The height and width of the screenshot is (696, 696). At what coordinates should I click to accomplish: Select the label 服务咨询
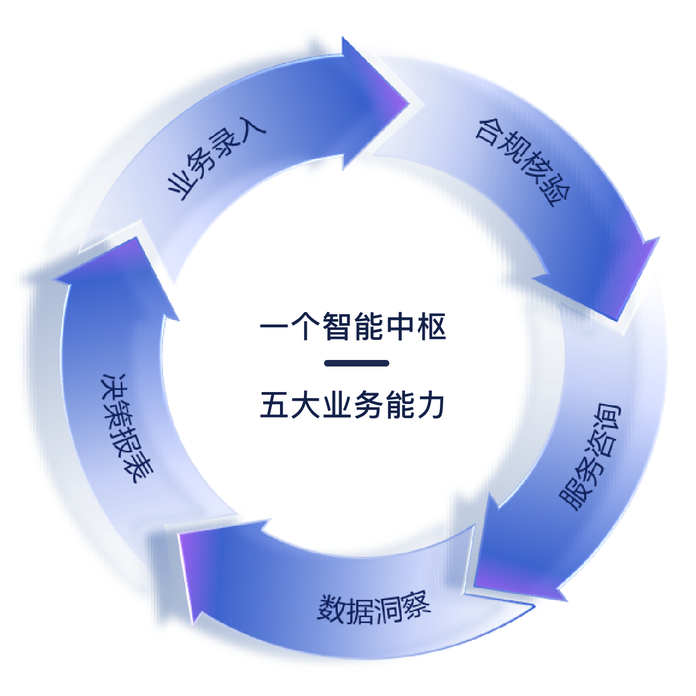tap(590, 457)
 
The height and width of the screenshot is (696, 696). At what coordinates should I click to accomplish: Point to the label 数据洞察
tap(374, 608)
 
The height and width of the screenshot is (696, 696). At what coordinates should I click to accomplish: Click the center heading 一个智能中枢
tap(353, 327)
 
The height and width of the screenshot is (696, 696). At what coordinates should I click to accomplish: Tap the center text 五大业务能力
tap(353, 405)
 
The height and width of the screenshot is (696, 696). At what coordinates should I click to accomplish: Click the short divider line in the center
tap(357, 363)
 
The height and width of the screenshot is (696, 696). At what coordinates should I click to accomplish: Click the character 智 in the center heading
tap(338, 327)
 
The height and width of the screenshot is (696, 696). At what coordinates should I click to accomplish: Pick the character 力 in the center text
tap(431, 405)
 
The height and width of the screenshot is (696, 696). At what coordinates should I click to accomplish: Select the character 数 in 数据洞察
tap(332, 608)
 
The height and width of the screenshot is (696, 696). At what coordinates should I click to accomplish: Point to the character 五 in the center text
tap(275, 405)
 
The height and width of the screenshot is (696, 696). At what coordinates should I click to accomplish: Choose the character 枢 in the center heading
tap(432, 327)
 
